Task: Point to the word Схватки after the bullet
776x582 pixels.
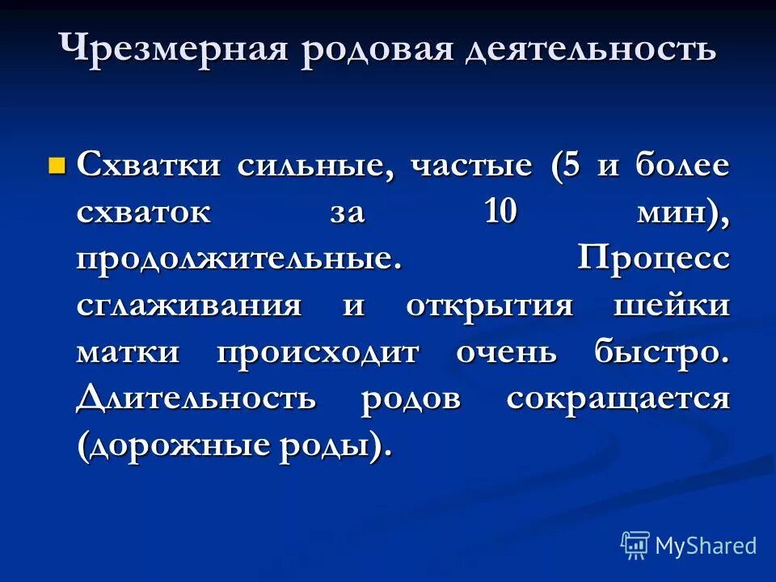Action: click(149, 167)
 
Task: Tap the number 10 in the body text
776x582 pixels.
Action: click(502, 213)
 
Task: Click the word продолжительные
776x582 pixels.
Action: click(238, 260)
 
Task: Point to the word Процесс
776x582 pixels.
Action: click(654, 260)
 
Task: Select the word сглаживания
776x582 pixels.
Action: click(190, 307)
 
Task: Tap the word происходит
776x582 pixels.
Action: click(317, 353)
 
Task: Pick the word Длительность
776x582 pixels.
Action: click(196, 399)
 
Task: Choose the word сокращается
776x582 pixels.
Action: click(618, 400)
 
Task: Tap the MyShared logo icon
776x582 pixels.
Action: click(635, 546)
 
